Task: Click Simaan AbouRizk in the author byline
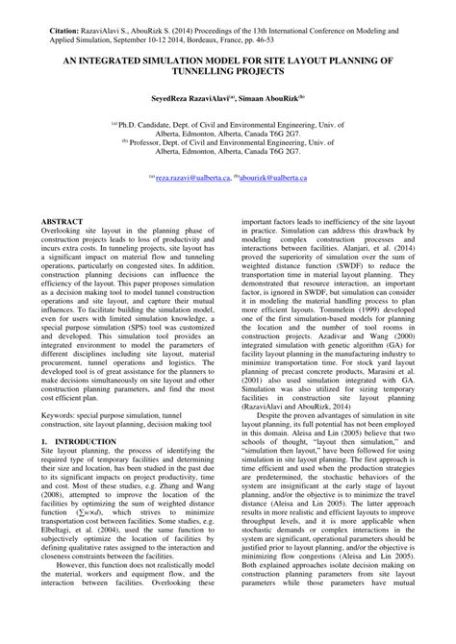tap(272, 99)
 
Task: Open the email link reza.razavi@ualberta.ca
tap(190, 179)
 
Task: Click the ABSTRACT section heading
tap(63, 222)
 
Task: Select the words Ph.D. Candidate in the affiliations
tap(145, 124)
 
